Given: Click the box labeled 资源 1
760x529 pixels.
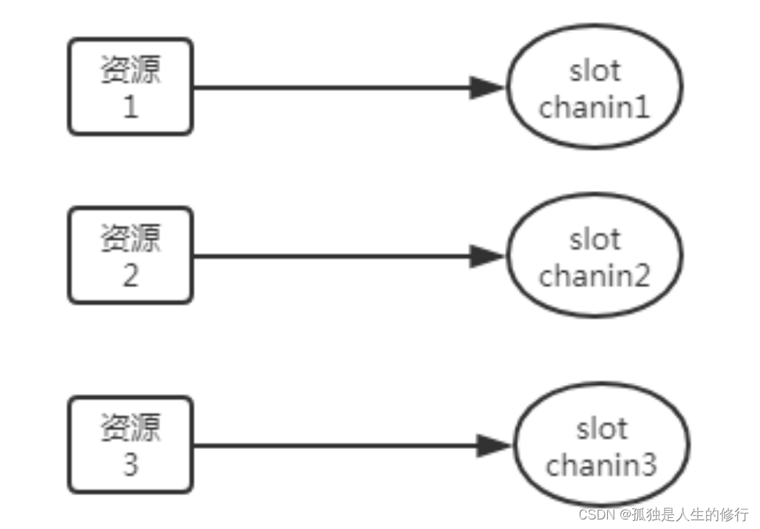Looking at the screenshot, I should tap(130, 87).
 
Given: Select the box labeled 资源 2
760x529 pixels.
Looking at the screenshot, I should tap(130, 256).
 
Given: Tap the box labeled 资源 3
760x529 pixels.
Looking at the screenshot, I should tap(130, 445).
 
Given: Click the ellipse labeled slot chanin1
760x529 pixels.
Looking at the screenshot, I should tap(595, 87).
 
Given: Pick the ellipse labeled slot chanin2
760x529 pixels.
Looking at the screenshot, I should tap(595, 256).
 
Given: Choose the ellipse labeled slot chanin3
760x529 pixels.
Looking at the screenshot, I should tap(601, 445).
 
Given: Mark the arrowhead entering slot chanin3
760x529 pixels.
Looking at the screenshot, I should tap(492, 445).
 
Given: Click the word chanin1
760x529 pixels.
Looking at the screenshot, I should tap(595, 108).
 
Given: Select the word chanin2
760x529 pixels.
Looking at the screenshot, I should tap(595, 276).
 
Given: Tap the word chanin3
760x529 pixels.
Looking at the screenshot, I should tap(601, 465).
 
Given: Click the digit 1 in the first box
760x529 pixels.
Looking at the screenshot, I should tap(130, 108).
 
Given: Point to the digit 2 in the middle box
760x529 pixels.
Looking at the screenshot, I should tap(130, 276).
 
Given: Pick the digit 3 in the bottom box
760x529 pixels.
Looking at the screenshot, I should tap(130, 465).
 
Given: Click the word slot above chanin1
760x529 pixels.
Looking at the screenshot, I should tap(595, 71).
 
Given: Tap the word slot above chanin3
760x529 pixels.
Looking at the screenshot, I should tap(601, 428).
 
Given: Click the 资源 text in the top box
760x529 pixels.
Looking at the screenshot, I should tap(130, 71).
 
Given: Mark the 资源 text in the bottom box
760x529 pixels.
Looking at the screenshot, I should tap(130, 428).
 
